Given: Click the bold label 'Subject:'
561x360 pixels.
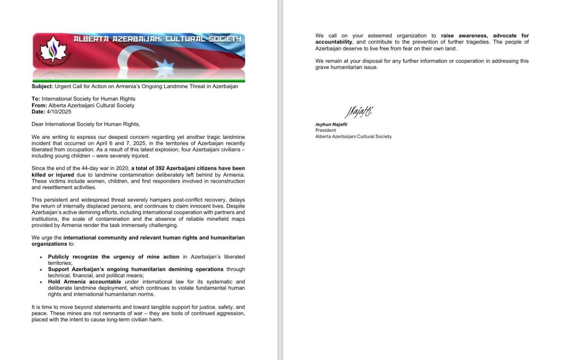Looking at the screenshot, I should point(42,86).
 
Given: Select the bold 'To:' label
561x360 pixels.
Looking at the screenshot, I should point(36,99).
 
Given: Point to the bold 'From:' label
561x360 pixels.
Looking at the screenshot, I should point(39,106).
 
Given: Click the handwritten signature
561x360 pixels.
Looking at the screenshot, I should point(358,113).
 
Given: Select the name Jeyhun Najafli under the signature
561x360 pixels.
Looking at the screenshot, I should point(331,124).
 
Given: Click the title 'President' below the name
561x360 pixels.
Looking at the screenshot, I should point(326,131).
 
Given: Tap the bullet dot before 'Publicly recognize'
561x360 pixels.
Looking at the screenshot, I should point(41,257).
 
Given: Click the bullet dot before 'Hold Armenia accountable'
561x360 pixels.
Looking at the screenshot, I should point(41,282).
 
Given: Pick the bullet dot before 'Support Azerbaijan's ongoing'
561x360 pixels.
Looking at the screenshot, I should point(41,270).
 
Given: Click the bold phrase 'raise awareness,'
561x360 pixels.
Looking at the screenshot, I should point(465,36).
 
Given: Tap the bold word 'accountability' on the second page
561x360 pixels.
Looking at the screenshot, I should point(334,42).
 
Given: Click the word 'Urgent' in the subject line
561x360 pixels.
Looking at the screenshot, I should point(63,86).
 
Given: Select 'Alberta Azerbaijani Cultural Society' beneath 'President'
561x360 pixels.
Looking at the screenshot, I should point(353,137).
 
